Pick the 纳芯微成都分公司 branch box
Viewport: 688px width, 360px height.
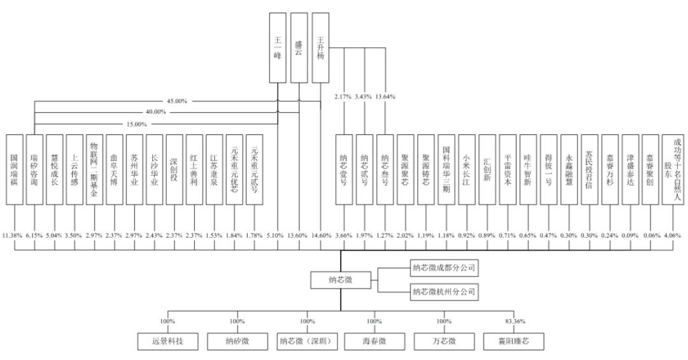point(443,267)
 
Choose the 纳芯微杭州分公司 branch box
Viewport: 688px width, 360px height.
point(443,292)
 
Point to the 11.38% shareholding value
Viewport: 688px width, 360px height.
point(13,236)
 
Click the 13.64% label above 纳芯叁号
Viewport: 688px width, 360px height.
point(386,97)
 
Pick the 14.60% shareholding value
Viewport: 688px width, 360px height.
point(320,236)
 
